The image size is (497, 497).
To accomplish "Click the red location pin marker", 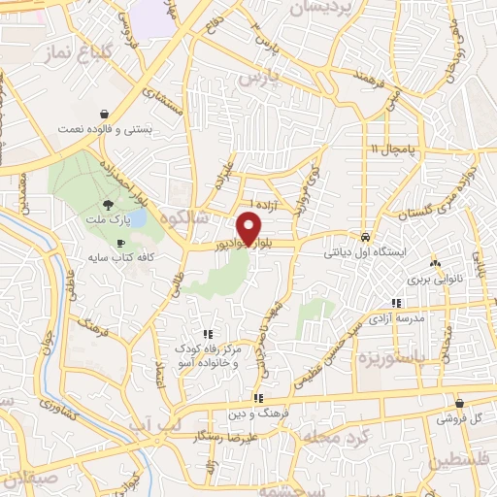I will pyautogui.click(x=250, y=228).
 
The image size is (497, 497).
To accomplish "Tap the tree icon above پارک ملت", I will pyautogui.click(x=109, y=205).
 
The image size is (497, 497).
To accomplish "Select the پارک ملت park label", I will pyautogui.click(x=109, y=222).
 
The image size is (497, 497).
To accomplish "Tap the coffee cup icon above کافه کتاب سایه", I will pyautogui.click(x=120, y=243).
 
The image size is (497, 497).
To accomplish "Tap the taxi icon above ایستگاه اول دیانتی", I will pyautogui.click(x=364, y=237).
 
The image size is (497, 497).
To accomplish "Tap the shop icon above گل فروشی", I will pyautogui.click(x=458, y=403).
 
